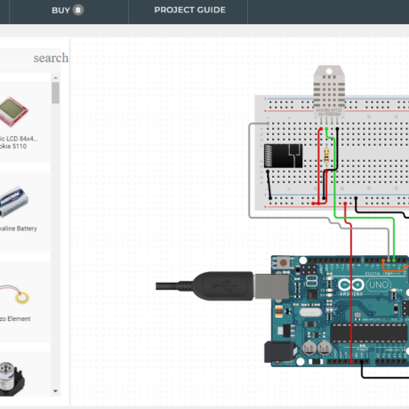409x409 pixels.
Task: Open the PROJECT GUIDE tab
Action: click(189, 11)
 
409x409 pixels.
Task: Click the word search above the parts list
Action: click(51, 58)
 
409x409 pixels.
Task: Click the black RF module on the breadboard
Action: click(285, 156)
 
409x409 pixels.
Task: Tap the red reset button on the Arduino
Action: click(283, 263)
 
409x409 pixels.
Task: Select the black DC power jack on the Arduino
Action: click(280, 352)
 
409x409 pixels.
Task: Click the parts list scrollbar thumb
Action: click(55, 93)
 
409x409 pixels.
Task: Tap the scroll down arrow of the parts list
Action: click(55, 390)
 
